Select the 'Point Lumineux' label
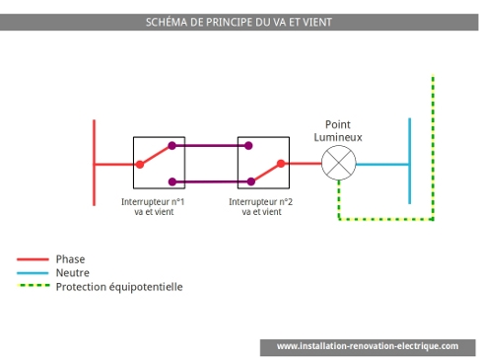(x=338, y=131)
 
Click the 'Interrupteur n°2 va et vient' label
(x=261, y=206)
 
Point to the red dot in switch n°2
(x=281, y=164)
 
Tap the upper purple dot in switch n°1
(x=172, y=146)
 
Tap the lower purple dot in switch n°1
(x=172, y=181)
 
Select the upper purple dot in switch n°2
(x=248, y=146)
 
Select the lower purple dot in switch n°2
(x=248, y=181)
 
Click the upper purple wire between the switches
(x=210, y=146)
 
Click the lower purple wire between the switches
(x=210, y=181)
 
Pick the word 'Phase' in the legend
(x=71, y=259)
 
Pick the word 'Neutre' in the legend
(x=73, y=273)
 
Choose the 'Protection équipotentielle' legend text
(x=119, y=287)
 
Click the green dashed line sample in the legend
(x=33, y=287)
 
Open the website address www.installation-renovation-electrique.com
(x=368, y=346)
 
